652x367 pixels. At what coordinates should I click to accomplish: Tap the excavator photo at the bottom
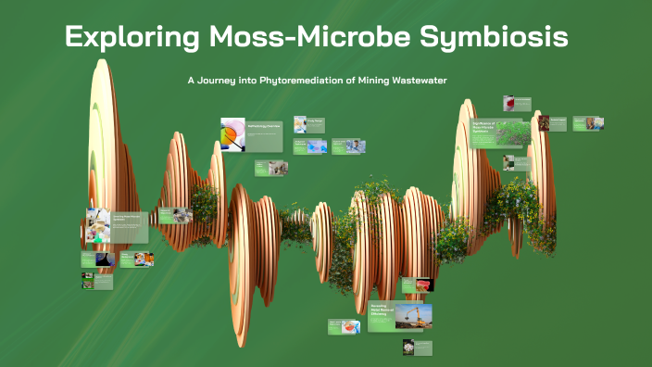[413, 316]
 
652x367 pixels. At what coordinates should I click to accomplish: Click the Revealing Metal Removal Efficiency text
[375, 313]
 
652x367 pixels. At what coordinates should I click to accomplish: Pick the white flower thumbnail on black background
[407, 348]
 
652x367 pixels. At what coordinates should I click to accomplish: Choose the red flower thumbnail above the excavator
[424, 285]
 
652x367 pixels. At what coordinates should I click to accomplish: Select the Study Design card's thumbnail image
[300, 123]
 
